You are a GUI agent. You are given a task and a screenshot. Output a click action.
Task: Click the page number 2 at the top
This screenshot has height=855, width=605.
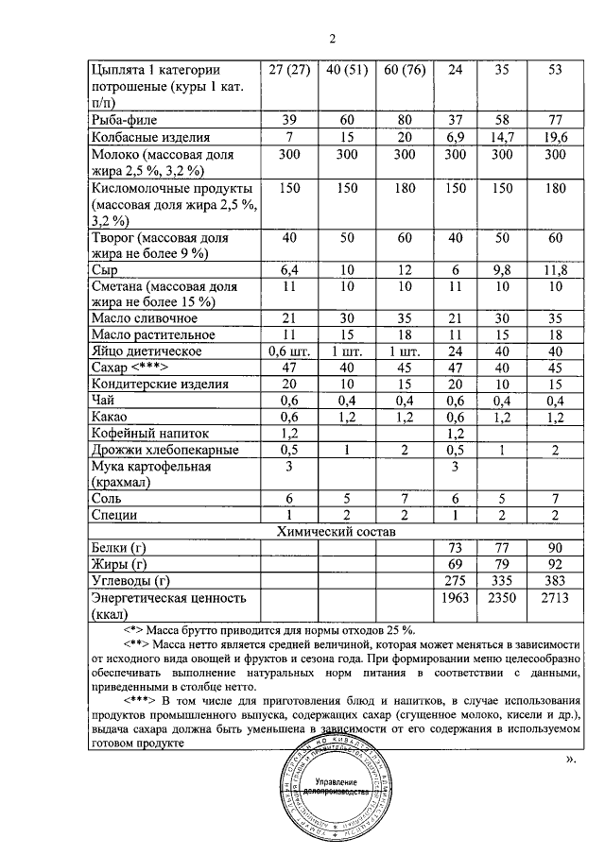[x=333, y=39]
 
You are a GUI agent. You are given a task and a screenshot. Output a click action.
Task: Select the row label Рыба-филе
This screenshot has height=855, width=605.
[x=129, y=120]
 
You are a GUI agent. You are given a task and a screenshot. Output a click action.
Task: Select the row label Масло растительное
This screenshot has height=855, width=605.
[x=152, y=334]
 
